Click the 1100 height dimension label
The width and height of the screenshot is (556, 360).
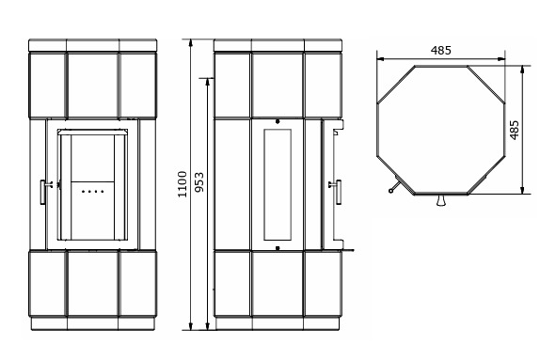[x=183, y=184]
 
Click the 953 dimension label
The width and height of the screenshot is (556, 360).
[x=199, y=182]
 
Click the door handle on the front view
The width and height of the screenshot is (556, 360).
[x=44, y=192]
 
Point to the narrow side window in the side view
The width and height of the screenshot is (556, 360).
[x=278, y=184]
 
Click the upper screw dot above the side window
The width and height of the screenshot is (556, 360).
[x=278, y=122]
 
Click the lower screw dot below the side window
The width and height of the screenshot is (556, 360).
[x=278, y=248]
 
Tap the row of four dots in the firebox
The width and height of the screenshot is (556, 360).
[x=92, y=192]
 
